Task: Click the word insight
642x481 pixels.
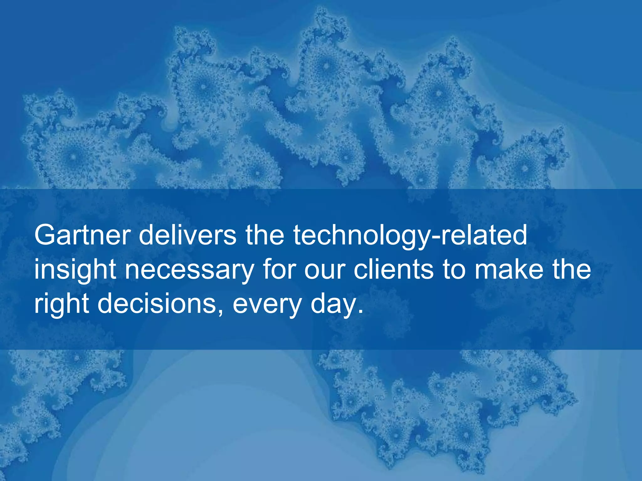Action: click(x=75, y=270)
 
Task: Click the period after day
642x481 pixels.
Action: click(x=360, y=312)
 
